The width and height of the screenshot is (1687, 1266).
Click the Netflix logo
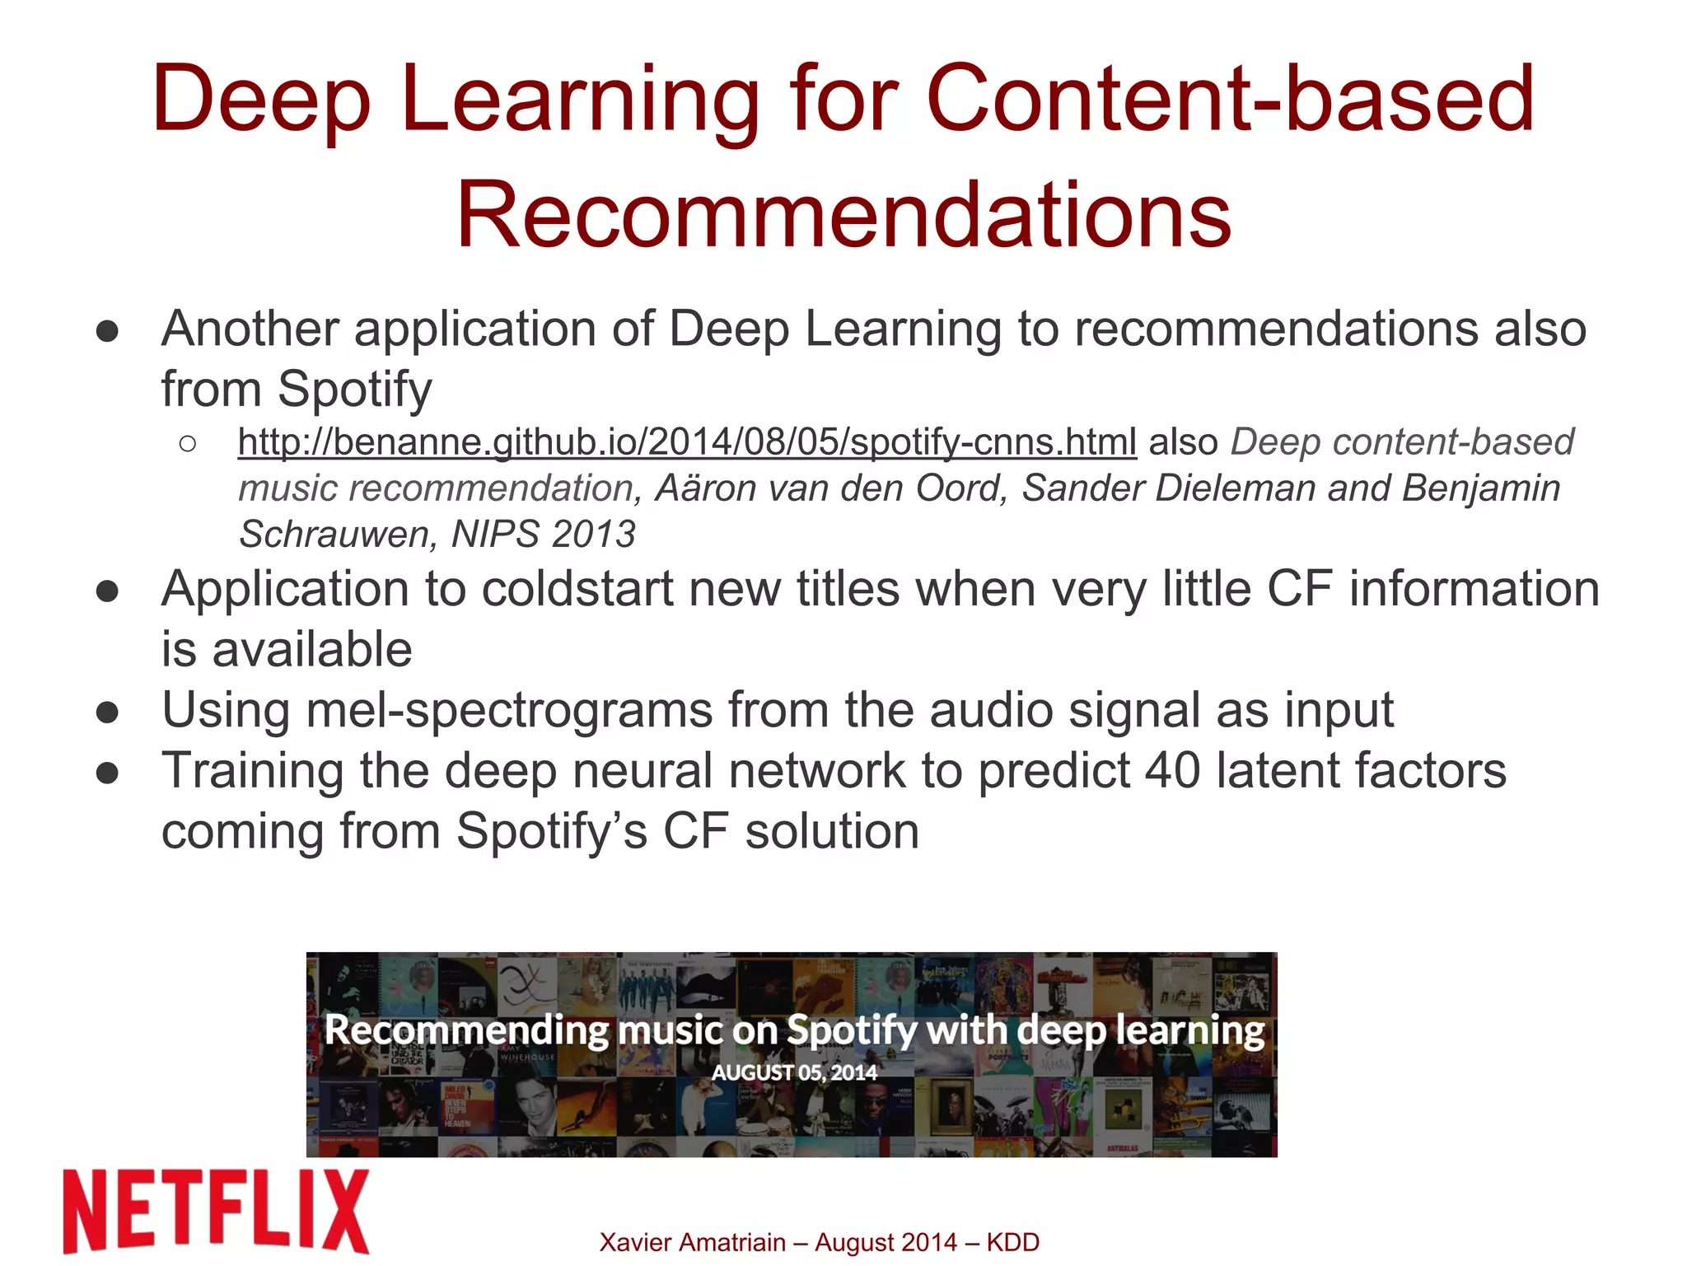(x=216, y=1211)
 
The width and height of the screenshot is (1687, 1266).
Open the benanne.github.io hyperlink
(x=687, y=442)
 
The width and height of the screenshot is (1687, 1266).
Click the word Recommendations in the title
(x=843, y=215)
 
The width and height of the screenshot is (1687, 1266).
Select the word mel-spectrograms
(x=508, y=710)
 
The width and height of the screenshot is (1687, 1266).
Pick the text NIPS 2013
(x=544, y=535)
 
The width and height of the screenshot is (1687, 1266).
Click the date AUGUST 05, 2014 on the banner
(x=794, y=1072)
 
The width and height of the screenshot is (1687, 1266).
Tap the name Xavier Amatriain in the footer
(x=692, y=1242)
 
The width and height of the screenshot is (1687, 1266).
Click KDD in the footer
(x=1012, y=1242)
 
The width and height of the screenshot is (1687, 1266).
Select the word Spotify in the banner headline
(x=851, y=1030)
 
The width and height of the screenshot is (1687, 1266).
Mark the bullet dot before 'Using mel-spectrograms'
(x=107, y=712)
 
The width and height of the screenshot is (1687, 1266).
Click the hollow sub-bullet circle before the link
(x=187, y=444)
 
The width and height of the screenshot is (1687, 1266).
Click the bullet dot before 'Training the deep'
(x=107, y=773)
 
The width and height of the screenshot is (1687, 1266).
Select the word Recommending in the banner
(x=466, y=1030)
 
